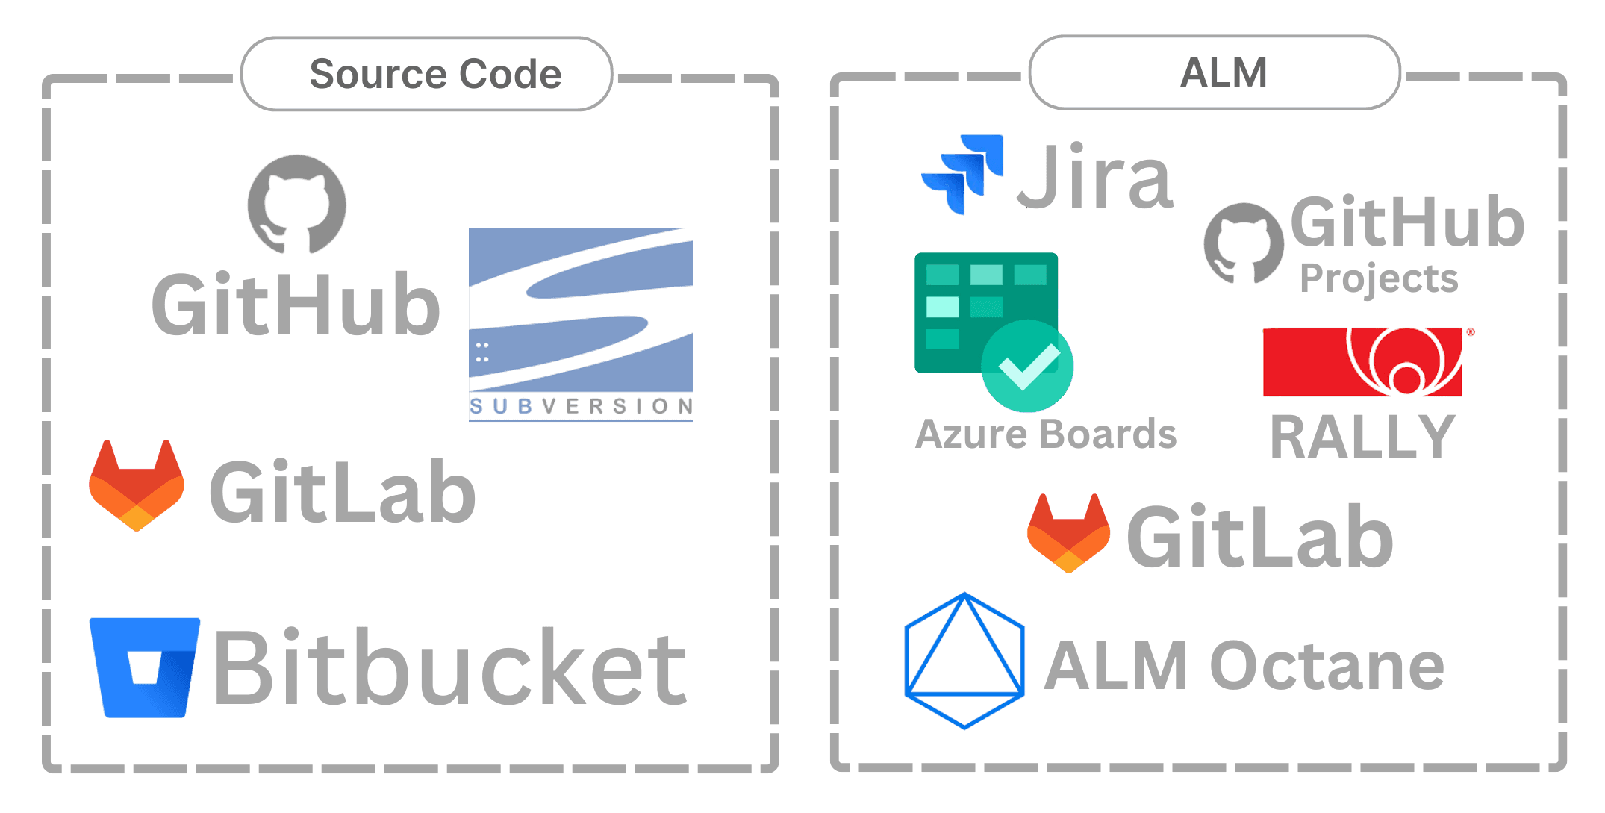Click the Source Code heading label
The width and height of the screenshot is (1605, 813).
tap(435, 74)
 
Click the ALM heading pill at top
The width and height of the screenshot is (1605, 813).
tap(1215, 72)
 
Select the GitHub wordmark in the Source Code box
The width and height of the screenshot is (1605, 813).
tap(296, 304)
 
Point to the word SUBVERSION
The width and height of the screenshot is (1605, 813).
tap(581, 406)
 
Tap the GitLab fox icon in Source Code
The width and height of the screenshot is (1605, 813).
tap(137, 485)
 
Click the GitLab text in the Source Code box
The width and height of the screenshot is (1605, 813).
tap(343, 492)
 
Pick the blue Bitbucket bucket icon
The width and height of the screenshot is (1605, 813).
tap(145, 667)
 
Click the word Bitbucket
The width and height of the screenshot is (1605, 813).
tap(450, 667)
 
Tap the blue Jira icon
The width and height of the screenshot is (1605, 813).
tap(962, 174)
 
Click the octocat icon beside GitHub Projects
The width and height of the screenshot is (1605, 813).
tap(1244, 243)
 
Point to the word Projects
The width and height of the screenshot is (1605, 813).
tap(1379, 279)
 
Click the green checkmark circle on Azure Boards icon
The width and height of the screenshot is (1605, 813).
tap(1027, 366)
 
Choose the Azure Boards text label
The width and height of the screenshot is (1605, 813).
tap(1046, 434)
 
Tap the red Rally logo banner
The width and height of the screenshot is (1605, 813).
tap(1362, 361)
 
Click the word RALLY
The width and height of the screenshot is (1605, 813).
tap(1363, 437)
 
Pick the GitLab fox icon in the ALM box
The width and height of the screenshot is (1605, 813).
tap(1068, 533)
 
